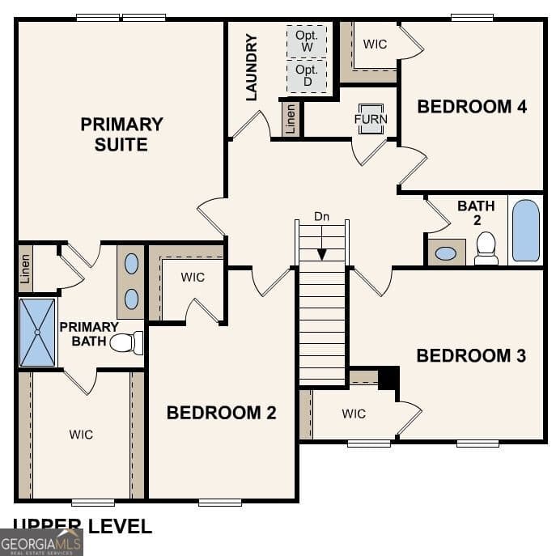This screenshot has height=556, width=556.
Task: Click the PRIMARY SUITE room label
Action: click(x=121, y=134)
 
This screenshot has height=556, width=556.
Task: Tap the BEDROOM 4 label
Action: click(x=472, y=106)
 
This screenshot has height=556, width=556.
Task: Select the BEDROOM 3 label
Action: click(x=471, y=355)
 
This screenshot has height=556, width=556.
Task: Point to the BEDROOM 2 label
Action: click(x=221, y=413)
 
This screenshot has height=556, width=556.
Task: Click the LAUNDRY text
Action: click(x=251, y=67)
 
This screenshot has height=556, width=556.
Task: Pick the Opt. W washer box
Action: click(x=307, y=41)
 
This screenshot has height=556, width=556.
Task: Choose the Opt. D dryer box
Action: click(x=307, y=76)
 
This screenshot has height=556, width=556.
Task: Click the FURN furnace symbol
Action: click(x=371, y=118)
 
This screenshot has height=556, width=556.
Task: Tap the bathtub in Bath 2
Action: click(x=525, y=231)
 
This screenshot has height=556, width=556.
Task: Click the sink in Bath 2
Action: click(x=446, y=253)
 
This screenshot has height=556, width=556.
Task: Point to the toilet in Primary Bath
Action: click(x=125, y=342)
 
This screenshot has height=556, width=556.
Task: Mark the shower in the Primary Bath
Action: click(x=37, y=332)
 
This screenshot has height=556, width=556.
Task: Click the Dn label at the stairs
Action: click(x=322, y=217)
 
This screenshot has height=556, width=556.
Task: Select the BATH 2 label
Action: click(x=476, y=213)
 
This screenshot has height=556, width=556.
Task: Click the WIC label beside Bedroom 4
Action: click(x=375, y=44)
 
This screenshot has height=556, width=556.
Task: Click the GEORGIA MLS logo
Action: click(x=40, y=542)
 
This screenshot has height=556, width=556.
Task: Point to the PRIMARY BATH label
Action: click(x=88, y=333)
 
